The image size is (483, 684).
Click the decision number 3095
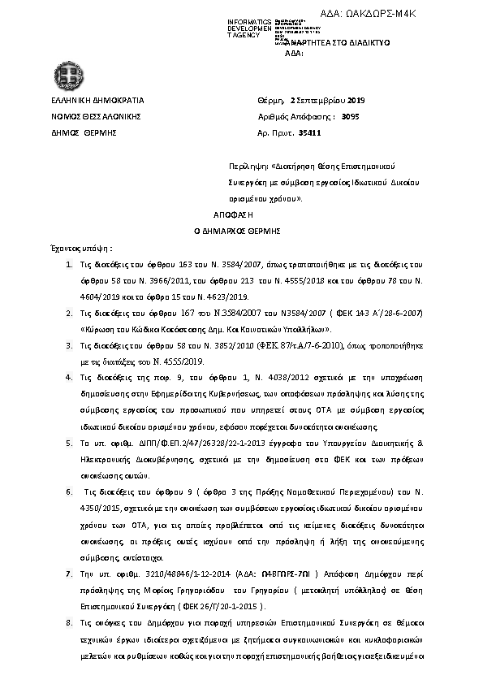351,116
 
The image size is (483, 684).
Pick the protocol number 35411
310,132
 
